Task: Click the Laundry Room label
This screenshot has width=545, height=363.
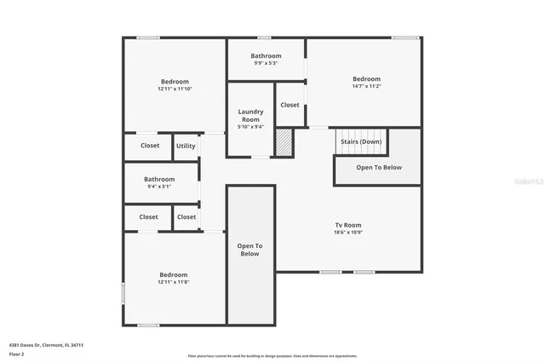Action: pyautogui.click(x=250, y=115)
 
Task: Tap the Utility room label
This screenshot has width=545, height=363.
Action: pyautogui.click(x=186, y=146)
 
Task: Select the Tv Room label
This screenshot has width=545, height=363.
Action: pyautogui.click(x=347, y=224)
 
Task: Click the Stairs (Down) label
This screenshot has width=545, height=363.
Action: pyautogui.click(x=360, y=141)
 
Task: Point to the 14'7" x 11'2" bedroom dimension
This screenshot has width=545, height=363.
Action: pyautogui.click(x=366, y=86)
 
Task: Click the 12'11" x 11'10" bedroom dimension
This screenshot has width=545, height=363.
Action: pyautogui.click(x=175, y=89)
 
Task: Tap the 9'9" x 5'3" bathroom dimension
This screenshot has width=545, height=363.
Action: pyautogui.click(x=266, y=63)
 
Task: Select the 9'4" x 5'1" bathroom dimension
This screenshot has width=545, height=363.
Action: pyautogui.click(x=159, y=187)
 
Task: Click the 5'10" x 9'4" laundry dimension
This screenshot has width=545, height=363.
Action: pyautogui.click(x=250, y=127)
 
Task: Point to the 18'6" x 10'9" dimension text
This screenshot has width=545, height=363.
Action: pyautogui.click(x=347, y=232)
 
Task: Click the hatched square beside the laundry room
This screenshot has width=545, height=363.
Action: pyautogui.click(x=284, y=143)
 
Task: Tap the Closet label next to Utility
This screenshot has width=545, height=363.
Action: pyautogui.click(x=150, y=146)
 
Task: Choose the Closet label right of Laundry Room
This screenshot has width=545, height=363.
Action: pyautogui.click(x=290, y=105)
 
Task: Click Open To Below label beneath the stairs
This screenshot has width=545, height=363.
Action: pyautogui.click(x=378, y=168)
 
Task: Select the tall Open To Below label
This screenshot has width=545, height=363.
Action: pyautogui.click(x=250, y=250)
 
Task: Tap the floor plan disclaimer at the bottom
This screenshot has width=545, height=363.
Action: pyautogui.click(x=272, y=356)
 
